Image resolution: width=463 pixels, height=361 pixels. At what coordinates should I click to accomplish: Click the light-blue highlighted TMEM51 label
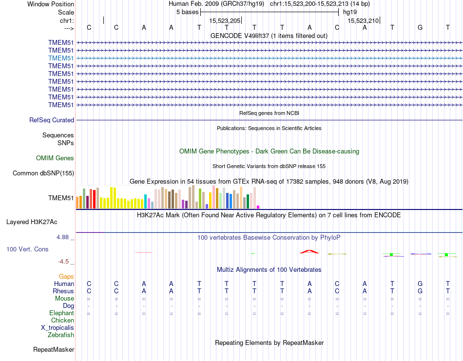pos(61,58)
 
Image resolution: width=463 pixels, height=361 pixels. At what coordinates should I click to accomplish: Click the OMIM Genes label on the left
pos(55,158)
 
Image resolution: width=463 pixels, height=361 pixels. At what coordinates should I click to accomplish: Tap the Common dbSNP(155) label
pos(43,173)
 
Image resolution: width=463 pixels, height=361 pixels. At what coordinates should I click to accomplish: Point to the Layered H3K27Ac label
pos(32,222)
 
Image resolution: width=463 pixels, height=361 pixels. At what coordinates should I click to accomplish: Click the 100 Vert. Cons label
pos(27,249)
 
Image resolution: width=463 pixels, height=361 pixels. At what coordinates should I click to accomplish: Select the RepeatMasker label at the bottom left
pos(54,349)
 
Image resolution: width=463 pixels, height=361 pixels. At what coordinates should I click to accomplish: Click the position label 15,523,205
pos(225,21)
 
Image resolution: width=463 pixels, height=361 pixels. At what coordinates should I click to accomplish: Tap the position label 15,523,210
pos(363,21)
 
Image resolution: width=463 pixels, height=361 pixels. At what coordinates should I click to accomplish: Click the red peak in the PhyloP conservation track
pos(309,251)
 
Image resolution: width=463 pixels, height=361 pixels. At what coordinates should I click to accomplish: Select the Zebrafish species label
pos(61,335)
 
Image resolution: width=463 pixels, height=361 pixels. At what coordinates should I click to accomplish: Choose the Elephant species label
pos(61,313)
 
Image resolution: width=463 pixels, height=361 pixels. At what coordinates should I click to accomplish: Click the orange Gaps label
pos(66,276)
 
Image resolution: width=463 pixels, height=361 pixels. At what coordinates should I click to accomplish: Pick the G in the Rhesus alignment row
pos(420,291)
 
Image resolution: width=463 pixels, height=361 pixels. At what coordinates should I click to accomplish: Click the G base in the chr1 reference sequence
pos(420,27)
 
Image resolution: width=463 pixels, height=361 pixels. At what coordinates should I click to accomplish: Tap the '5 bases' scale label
pos(187,11)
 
